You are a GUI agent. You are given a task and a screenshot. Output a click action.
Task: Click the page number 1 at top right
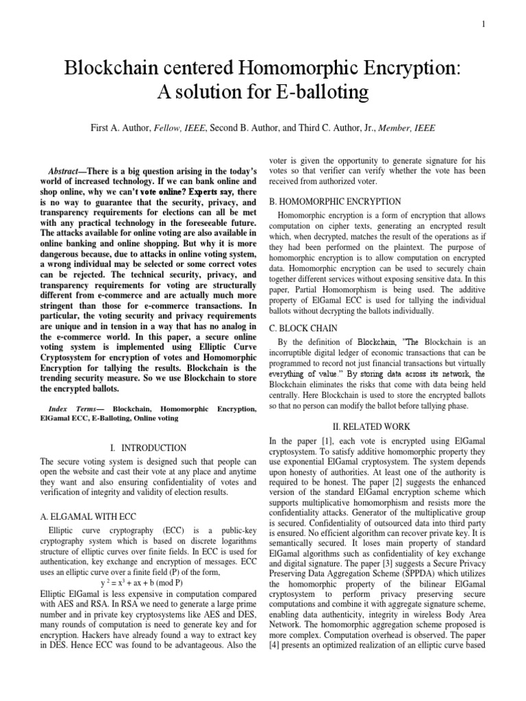(484, 25)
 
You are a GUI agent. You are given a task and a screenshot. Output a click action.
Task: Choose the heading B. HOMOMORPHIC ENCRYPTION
(334, 201)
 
